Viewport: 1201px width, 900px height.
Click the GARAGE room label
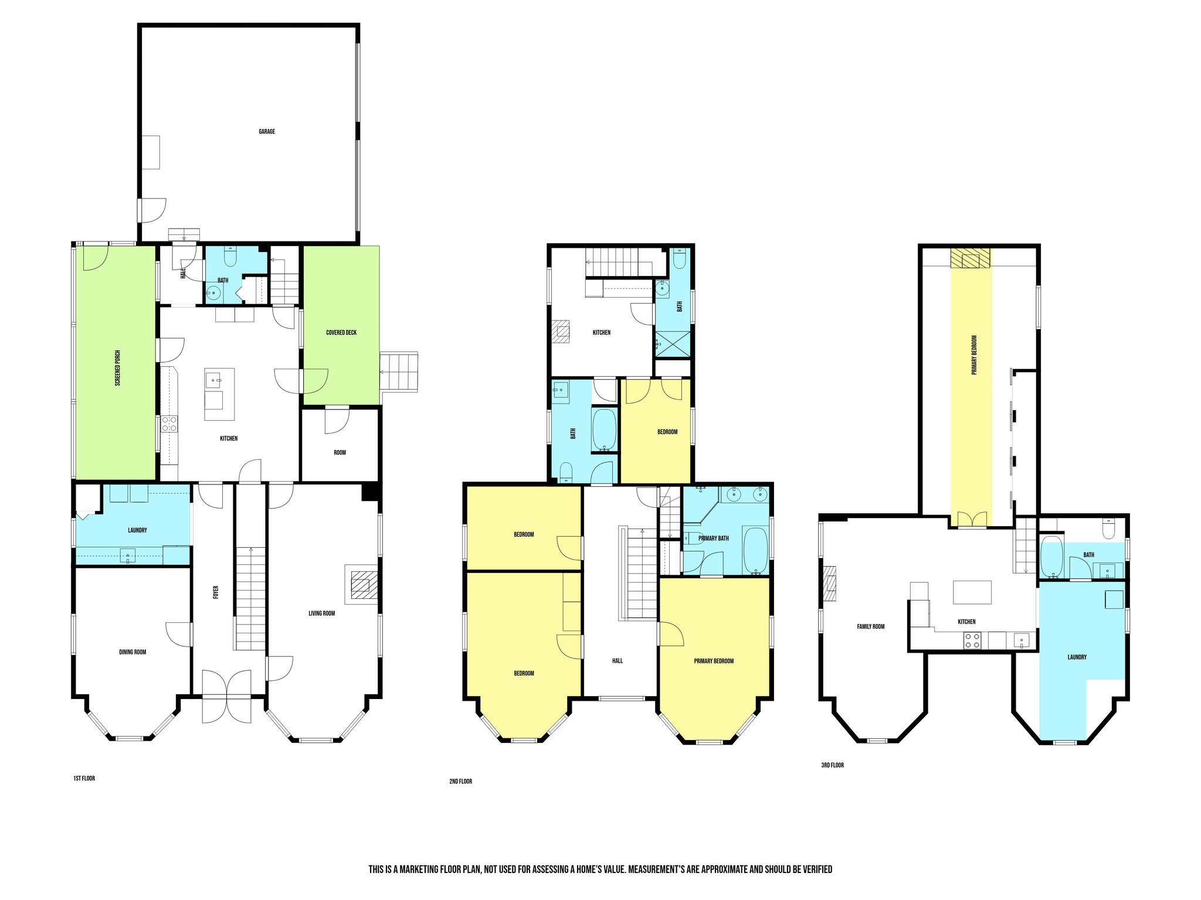point(267,132)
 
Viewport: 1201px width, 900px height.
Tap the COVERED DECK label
point(341,333)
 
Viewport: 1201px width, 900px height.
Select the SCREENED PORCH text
point(118,368)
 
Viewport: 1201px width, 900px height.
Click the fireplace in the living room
point(361,584)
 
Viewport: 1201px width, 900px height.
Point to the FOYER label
point(216,592)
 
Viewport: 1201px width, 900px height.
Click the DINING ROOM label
point(133,652)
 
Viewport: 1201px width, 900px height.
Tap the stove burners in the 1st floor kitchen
point(169,424)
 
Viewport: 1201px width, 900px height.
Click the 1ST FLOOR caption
point(84,779)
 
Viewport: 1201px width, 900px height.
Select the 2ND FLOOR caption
point(460,782)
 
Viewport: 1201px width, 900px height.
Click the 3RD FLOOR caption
point(832,765)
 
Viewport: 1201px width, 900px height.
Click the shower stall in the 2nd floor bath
point(673,344)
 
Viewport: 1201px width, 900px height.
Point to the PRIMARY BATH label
point(713,538)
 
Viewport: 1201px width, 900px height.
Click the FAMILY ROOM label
point(870,627)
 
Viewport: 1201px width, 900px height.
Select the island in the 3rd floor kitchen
point(972,592)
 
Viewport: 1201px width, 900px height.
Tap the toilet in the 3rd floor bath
point(1108,530)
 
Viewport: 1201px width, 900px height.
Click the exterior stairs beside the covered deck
point(399,371)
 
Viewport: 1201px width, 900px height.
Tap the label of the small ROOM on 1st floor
point(340,453)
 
